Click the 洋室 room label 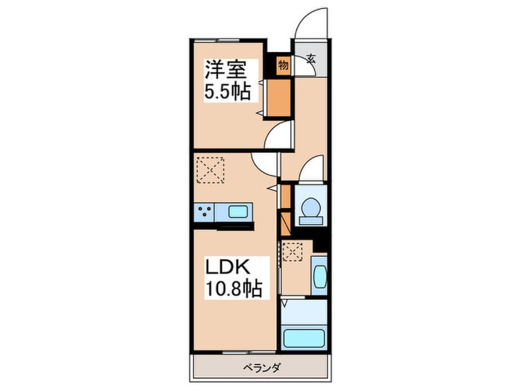pyautogui.click(x=225, y=70)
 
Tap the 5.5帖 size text pyautogui.click(x=227, y=91)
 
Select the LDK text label pyautogui.click(x=228, y=266)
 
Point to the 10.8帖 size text pyautogui.click(x=234, y=289)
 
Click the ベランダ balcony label pyautogui.click(x=262, y=368)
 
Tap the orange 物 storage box pyautogui.click(x=283, y=65)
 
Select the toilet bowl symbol pyautogui.click(x=311, y=211)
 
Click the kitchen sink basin pyautogui.click(x=238, y=212)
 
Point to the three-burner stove pyautogui.click(x=204, y=212)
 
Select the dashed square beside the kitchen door pyautogui.click(x=211, y=170)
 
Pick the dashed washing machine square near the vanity pyautogui.click(x=293, y=252)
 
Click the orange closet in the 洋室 pyautogui.click(x=279, y=98)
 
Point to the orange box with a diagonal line pyautogui.click(x=286, y=224)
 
